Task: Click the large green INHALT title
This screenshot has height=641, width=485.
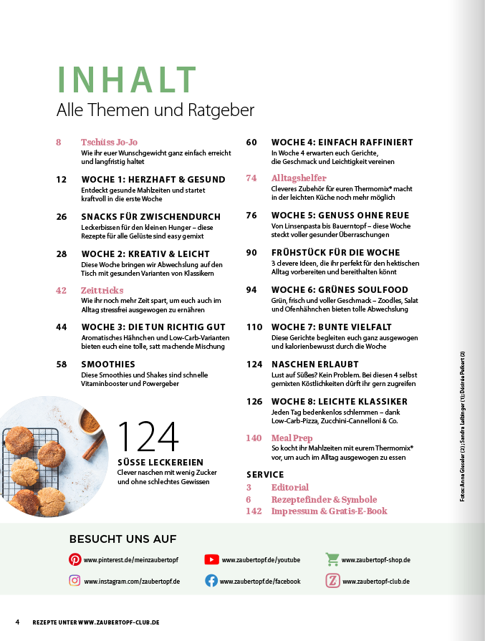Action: [x=127, y=79]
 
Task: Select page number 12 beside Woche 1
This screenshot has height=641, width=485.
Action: [x=61, y=179]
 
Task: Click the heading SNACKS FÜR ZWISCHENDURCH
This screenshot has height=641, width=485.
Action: [x=150, y=216]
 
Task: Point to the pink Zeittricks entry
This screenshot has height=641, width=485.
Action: [x=102, y=290]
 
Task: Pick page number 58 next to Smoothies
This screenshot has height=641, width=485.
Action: [x=61, y=364]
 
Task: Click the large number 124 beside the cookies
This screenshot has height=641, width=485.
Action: [x=148, y=438]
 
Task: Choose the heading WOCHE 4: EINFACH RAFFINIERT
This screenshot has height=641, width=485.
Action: [x=342, y=142]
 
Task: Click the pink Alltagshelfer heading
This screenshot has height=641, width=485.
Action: [x=299, y=178]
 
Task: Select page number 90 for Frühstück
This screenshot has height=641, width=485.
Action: [x=251, y=252]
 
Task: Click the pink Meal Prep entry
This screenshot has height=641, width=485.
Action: [x=292, y=438]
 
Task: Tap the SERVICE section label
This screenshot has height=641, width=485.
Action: [x=265, y=474]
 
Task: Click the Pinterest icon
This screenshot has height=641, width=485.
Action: [x=75, y=559]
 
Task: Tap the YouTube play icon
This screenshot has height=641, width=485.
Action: [x=211, y=559]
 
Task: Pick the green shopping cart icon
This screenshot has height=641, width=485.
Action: [x=332, y=559]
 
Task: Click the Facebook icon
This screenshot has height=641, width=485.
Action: [x=211, y=581]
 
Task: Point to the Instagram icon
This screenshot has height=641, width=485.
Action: [x=75, y=581]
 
